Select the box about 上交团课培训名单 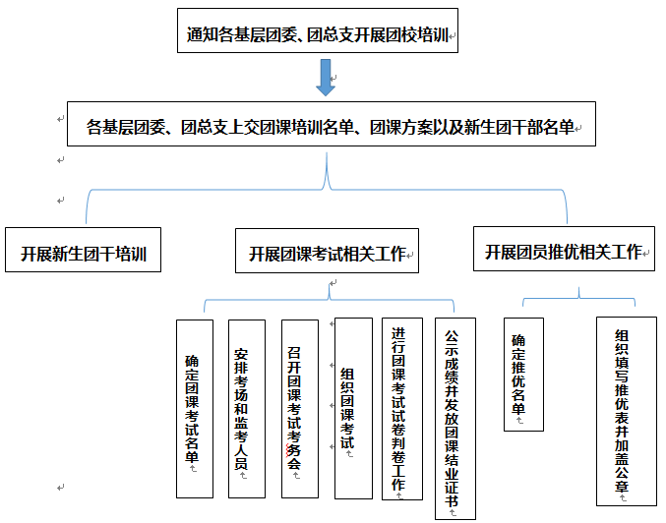331,125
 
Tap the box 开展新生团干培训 83,253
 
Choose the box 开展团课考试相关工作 327,253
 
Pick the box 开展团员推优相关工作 564,252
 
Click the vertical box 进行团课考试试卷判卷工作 399,408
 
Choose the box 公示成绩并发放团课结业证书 454,418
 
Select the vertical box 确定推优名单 521,374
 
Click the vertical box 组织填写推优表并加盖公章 622,410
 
